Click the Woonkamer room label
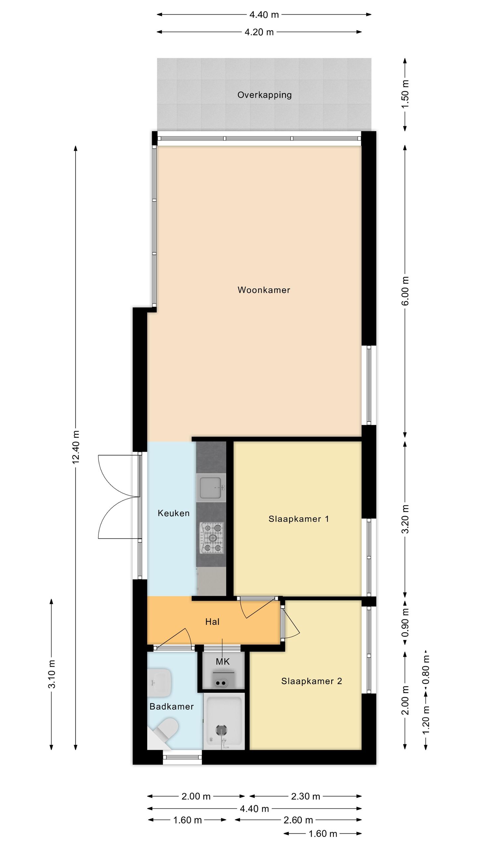pos(264,290)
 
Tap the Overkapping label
pos(264,95)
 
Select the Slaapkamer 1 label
pos(298,519)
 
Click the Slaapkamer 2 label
pos(311,681)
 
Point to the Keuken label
pos(174,513)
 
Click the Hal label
pos(212,622)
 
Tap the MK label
pos(223,662)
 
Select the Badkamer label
pos(172,707)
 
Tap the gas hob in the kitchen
pos(211,538)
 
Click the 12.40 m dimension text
pos(76,447)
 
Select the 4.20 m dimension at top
pos(259,32)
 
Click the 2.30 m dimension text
pos(305,796)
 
